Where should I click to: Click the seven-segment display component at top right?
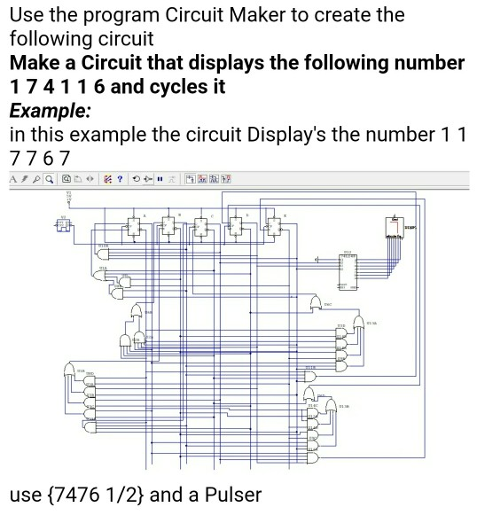[x=395, y=228]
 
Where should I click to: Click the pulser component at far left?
[x=65, y=225]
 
